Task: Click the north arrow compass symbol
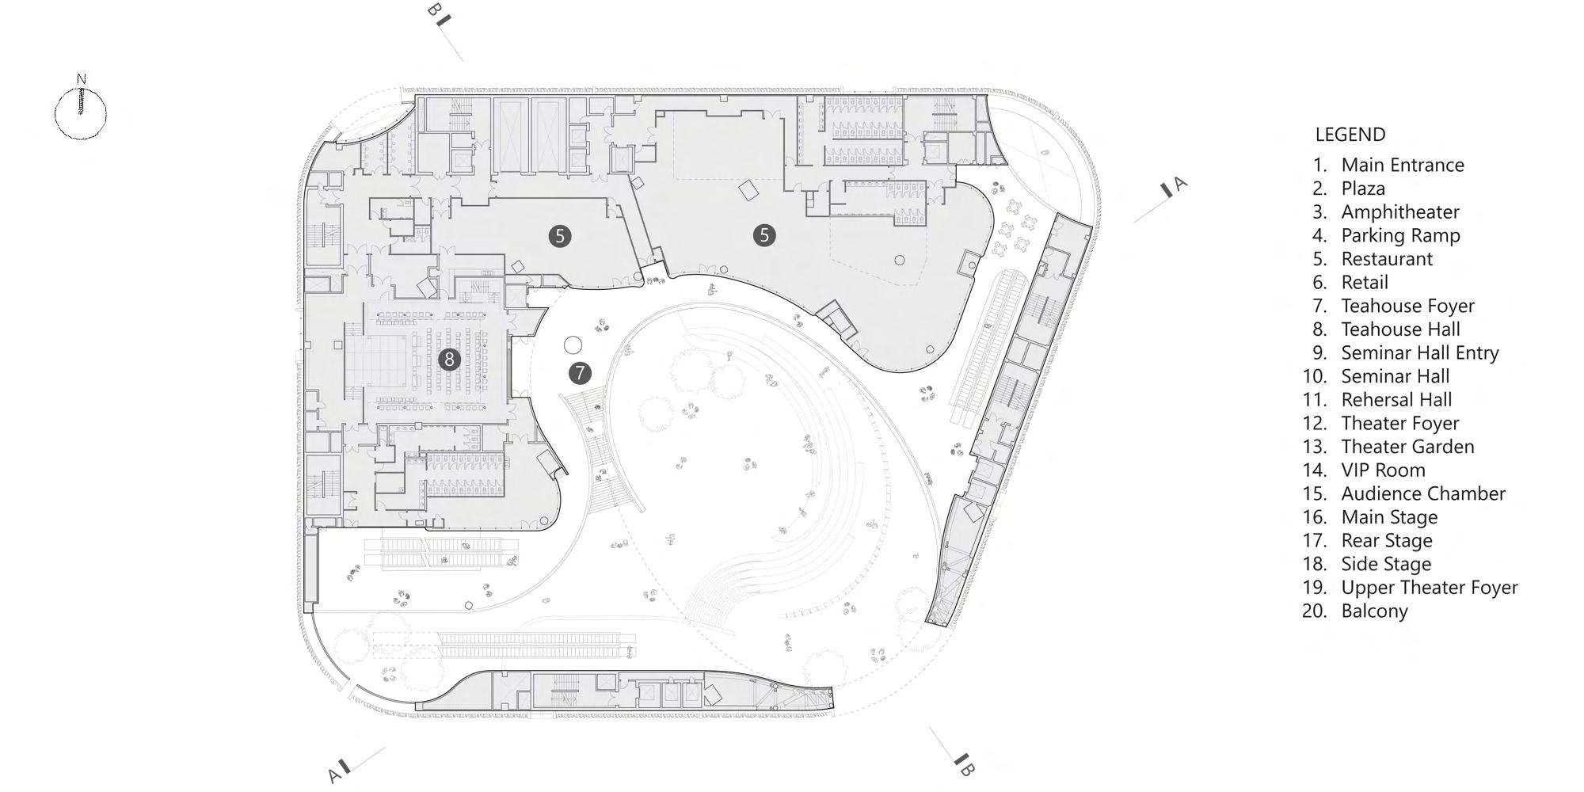click(x=80, y=112)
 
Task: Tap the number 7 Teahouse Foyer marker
click(x=580, y=373)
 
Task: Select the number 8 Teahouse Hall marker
click(x=449, y=360)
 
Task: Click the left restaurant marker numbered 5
click(x=560, y=235)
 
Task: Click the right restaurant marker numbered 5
click(x=764, y=234)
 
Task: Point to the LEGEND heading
click(x=1350, y=135)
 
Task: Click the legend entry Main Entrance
click(x=1402, y=165)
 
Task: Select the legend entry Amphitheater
click(x=1399, y=211)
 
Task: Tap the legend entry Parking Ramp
click(x=1400, y=235)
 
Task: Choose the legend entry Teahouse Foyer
click(x=1407, y=306)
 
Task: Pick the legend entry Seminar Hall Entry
click(x=1419, y=352)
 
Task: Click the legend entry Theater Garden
click(x=1407, y=447)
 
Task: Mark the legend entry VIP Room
click(x=1383, y=470)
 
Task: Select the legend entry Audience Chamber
click(x=1422, y=493)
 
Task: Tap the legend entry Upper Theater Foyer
click(x=1429, y=588)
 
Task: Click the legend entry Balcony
click(x=1374, y=611)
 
